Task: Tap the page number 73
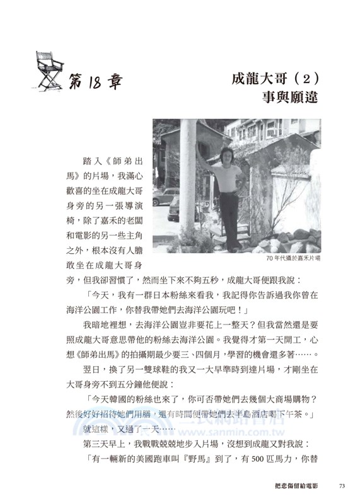pos(343,486)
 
